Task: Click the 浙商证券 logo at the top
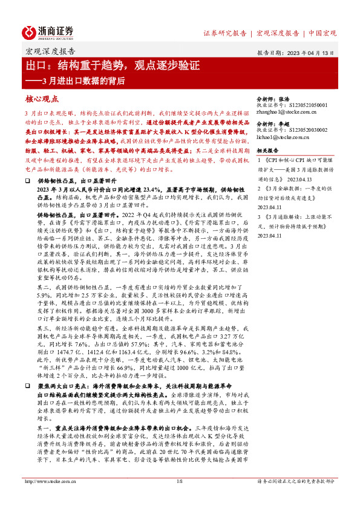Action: tap(48, 32)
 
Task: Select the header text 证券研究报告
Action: tap(224, 33)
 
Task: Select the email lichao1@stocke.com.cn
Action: tap(283, 138)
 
